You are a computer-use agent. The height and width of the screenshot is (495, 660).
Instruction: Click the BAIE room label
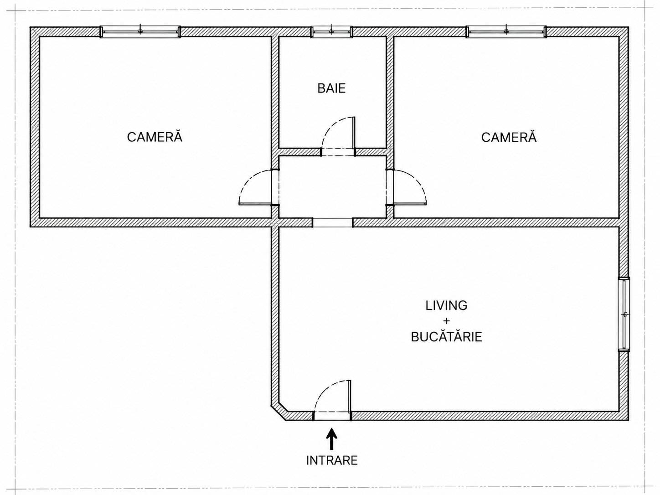(x=331, y=88)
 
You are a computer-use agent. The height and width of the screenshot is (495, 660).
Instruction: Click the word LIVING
(x=446, y=305)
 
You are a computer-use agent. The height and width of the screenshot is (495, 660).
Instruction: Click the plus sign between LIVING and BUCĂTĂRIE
(x=447, y=321)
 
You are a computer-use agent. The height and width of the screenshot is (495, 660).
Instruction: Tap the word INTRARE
(x=332, y=469)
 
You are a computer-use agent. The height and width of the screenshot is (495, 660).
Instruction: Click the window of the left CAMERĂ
(x=140, y=31)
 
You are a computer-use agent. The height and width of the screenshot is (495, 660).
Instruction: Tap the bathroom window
(x=331, y=31)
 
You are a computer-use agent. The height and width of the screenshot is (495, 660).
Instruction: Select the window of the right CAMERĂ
(x=506, y=31)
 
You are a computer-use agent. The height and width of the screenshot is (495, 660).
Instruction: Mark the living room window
(x=624, y=315)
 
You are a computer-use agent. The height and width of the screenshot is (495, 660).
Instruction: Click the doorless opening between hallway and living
(x=333, y=222)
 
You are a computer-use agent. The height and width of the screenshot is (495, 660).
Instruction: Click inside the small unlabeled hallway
(x=333, y=187)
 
